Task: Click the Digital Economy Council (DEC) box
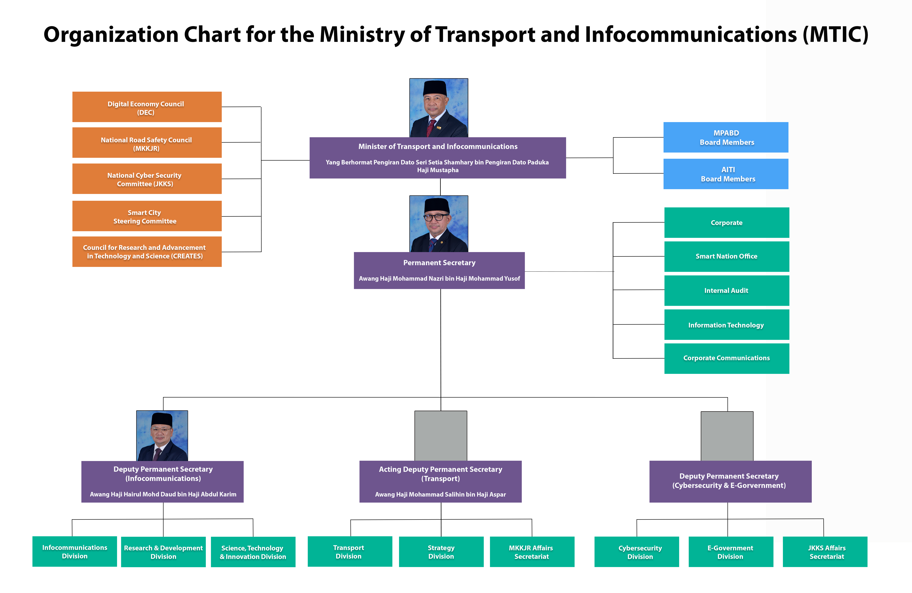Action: point(147,107)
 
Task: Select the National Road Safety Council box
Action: point(147,142)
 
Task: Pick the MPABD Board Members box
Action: point(726,137)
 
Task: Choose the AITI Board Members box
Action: point(726,174)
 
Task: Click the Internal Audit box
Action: point(727,290)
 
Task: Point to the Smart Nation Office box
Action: point(727,256)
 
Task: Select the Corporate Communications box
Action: point(727,358)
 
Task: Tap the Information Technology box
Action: point(727,325)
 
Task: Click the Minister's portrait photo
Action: point(439,108)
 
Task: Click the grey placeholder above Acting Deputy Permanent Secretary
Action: point(441,436)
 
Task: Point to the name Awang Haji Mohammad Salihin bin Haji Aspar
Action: point(440,494)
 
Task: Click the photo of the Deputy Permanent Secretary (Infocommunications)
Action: point(162,436)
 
